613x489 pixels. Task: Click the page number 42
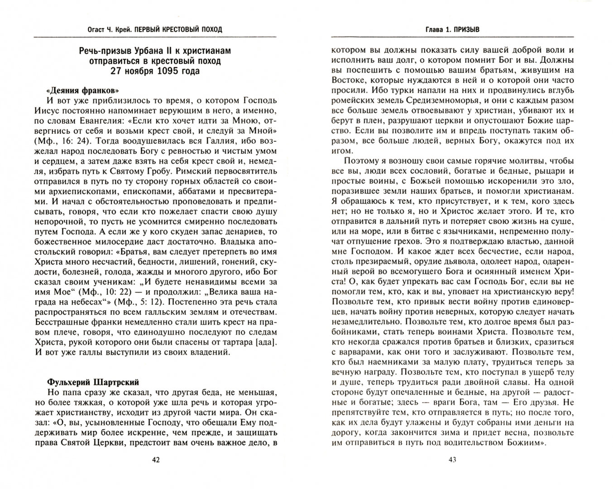[155, 460]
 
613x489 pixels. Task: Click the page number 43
[452, 460]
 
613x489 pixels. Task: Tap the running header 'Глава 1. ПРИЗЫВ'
[452, 29]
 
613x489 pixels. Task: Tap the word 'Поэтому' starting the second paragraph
[362, 161]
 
